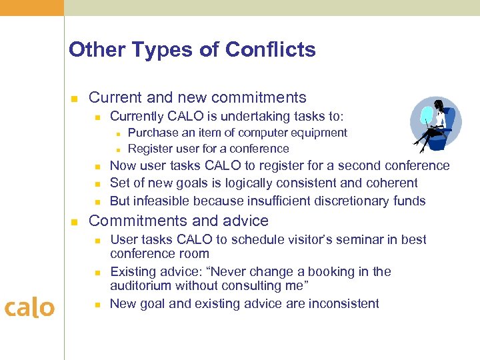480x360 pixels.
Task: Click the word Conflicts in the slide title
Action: point(270,50)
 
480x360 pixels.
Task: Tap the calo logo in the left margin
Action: point(29,307)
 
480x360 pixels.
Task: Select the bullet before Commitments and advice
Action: point(75,222)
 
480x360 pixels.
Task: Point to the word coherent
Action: point(389,183)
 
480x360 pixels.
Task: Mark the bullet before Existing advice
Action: point(97,273)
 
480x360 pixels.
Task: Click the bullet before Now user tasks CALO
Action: point(97,167)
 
